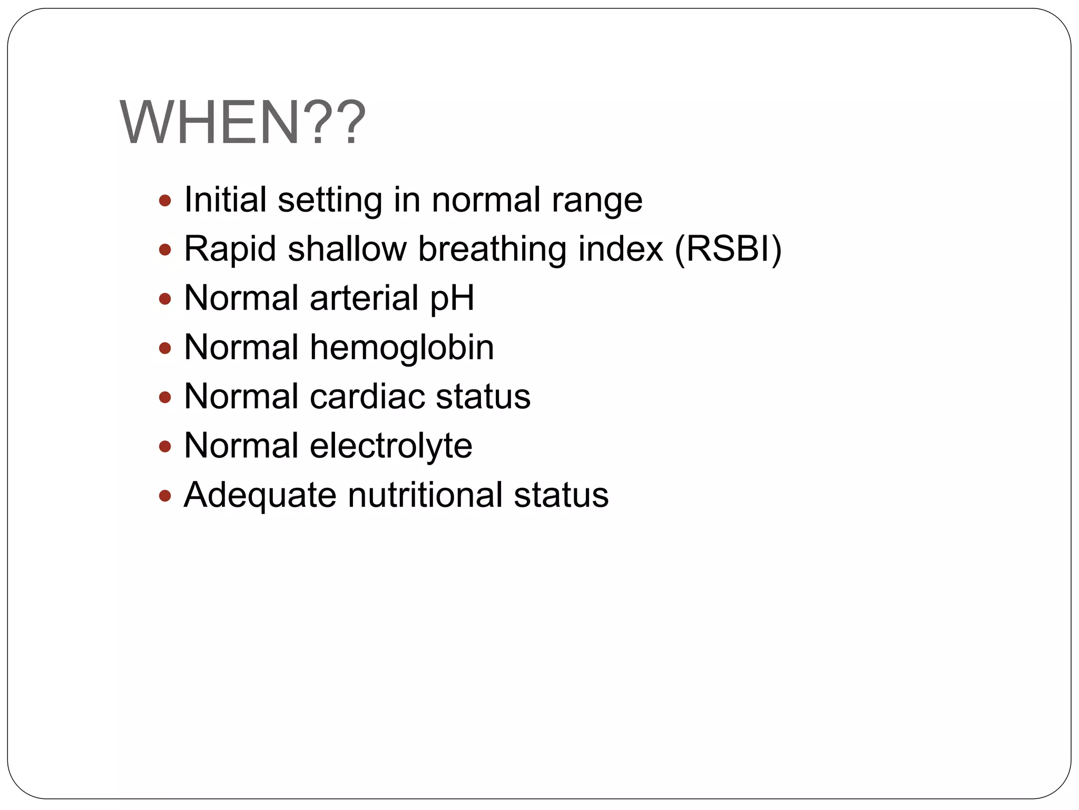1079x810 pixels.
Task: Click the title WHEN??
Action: (243, 123)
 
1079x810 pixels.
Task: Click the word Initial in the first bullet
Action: (225, 200)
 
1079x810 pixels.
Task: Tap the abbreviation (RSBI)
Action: (728, 249)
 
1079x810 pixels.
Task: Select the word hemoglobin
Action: (402, 348)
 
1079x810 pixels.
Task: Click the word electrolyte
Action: (391, 446)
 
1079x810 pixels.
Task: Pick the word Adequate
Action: (260, 496)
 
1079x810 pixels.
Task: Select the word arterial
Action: (364, 298)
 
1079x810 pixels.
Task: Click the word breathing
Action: (492, 249)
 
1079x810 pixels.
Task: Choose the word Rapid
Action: (230, 249)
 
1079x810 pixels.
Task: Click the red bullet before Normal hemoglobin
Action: (165, 348)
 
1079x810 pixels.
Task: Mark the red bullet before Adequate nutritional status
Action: (165, 496)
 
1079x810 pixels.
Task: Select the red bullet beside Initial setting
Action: (165, 200)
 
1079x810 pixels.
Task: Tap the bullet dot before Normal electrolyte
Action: (165, 447)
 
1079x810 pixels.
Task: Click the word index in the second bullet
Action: (621, 249)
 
